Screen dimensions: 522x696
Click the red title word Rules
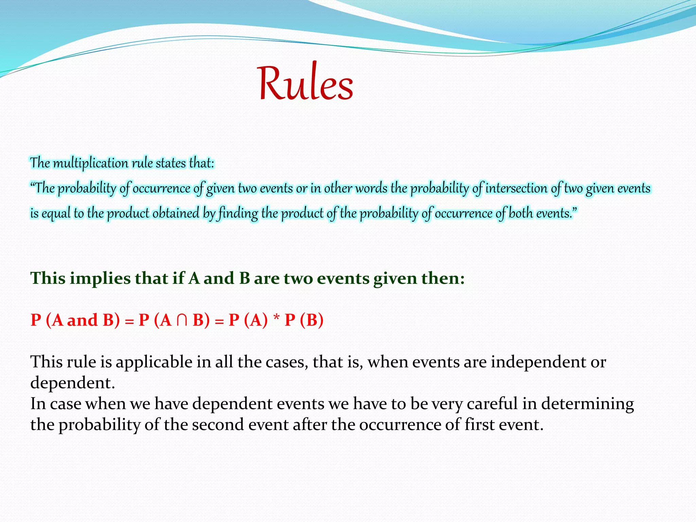[305, 83]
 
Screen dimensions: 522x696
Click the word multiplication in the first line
[91, 163]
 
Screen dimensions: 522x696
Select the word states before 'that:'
[171, 163]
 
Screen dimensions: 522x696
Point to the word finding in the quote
[238, 213]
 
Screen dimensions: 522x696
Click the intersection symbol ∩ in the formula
[182, 320]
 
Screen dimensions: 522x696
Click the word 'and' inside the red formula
[82, 320]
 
